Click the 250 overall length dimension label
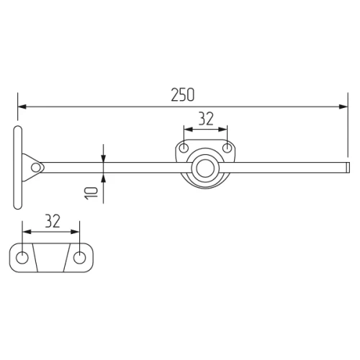(x=183, y=95)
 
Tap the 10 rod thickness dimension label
(x=91, y=193)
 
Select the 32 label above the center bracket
(x=206, y=119)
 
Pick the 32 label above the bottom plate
(x=53, y=221)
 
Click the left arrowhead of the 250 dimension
(x=22, y=107)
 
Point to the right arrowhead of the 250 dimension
(x=343, y=107)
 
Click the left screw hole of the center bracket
(x=184, y=148)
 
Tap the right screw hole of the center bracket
(x=227, y=148)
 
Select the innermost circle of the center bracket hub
(x=205, y=168)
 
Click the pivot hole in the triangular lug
(x=36, y=168)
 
